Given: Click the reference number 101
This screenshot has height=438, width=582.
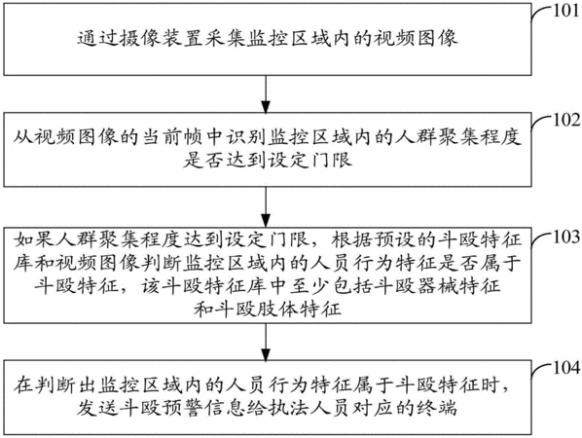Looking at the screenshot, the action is pyautogui.click(x=565, y=11).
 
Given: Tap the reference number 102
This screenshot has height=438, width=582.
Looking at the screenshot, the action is pyautogui.click(x=566, y=120).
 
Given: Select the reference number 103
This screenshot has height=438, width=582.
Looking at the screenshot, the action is pyautogui.click(x=566, y=237).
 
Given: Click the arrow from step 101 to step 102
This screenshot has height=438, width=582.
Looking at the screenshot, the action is pyautogui.click(x=266, y=93).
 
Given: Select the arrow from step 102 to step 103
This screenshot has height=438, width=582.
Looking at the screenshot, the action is pyautogui.click(x=266, y=206).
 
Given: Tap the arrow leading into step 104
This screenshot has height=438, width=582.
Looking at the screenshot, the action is pyautogui.click(x=266, y=342).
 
